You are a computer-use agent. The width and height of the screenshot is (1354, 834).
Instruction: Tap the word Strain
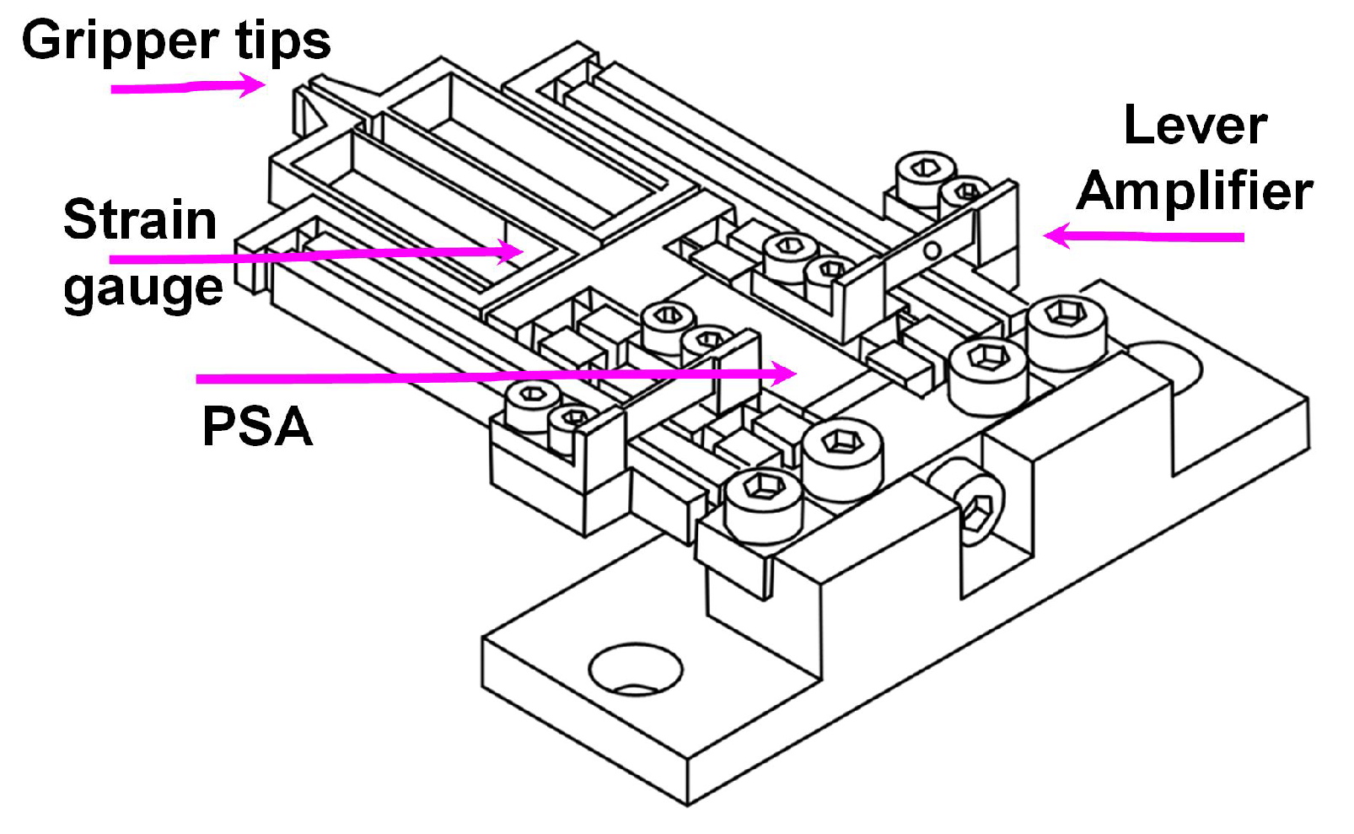pos(140,220)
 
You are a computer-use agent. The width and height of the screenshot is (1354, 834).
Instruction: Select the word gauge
pos(143,288)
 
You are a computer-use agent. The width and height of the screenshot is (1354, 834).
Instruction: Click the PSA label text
pos(257,426)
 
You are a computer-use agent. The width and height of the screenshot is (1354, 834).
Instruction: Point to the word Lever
pos(1195,126)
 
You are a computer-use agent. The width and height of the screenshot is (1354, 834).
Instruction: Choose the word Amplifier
pos(1195,191)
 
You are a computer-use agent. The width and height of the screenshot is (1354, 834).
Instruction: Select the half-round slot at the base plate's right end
pos(1168,363)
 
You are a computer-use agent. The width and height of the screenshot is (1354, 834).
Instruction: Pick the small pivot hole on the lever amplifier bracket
pos(931,250)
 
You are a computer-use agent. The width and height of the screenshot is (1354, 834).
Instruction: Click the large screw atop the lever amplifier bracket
pos(924,173)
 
